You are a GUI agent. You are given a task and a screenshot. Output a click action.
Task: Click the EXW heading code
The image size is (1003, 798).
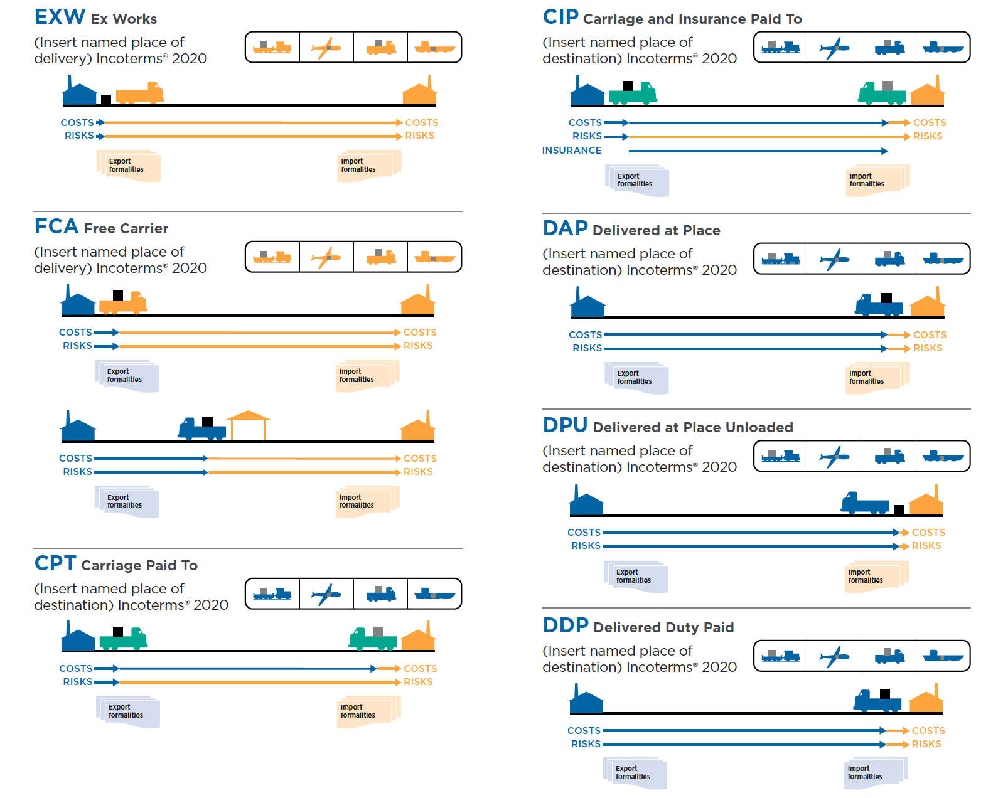point(60,17)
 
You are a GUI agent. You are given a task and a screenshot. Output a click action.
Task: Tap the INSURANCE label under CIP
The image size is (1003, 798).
point(572,151)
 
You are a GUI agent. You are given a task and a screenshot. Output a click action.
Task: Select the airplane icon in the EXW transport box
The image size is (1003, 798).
point(326,48)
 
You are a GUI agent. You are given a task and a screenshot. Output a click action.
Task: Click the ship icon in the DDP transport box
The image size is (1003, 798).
point(943,656)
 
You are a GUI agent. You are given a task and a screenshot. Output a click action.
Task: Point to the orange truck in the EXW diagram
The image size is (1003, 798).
point(140,93)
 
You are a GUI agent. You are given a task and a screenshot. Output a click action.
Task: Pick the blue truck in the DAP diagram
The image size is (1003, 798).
point(878,305)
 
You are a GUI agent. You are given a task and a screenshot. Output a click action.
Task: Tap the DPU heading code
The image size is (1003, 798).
point(565,426)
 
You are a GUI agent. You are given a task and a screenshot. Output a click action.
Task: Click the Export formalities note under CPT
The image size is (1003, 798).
point(127,711)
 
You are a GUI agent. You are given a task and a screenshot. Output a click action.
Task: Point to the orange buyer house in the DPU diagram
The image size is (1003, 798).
point(926,501)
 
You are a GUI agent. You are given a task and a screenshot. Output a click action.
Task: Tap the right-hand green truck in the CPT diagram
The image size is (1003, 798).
point(373,639)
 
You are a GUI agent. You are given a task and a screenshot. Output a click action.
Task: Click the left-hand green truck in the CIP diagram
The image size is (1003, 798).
point(633,93)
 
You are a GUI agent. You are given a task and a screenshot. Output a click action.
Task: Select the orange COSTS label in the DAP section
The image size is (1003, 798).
point(930,335)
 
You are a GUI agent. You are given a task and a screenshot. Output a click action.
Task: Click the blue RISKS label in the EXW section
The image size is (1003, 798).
point(79,136)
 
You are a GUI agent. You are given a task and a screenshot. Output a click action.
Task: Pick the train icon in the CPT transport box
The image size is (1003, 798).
point(272,593)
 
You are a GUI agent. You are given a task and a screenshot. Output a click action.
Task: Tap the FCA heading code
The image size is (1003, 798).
point(56,226)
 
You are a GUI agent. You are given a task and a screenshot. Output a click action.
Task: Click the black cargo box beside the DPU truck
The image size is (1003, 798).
point(898,509)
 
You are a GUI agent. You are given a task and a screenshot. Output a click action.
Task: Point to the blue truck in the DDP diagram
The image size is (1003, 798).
point(877,701)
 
